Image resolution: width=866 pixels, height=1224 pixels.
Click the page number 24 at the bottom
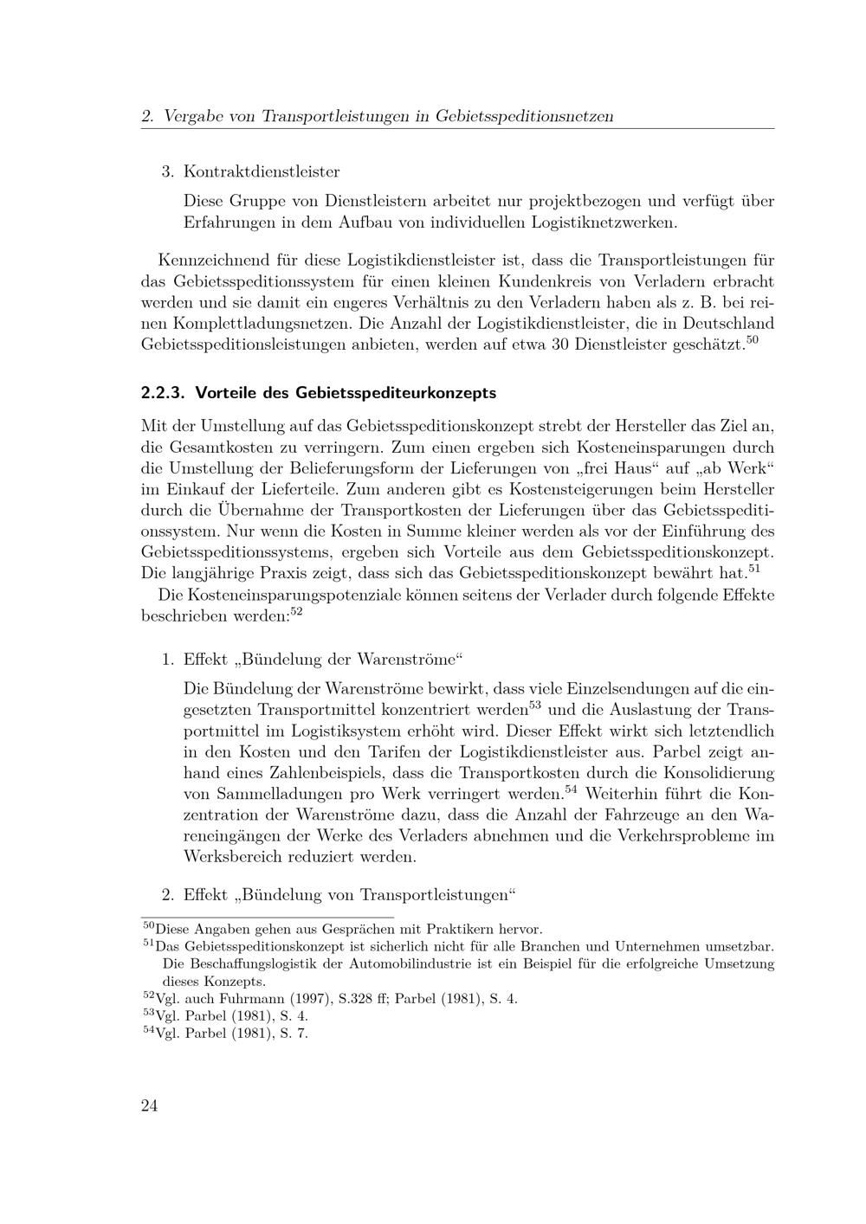[x=149, y=1106]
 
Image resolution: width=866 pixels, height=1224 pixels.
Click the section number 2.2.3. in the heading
[x=164, y=393]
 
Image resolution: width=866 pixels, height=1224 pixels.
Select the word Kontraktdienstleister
[x=262, y=171]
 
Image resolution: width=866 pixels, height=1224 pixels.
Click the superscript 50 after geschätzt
[x=752, y=339]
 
